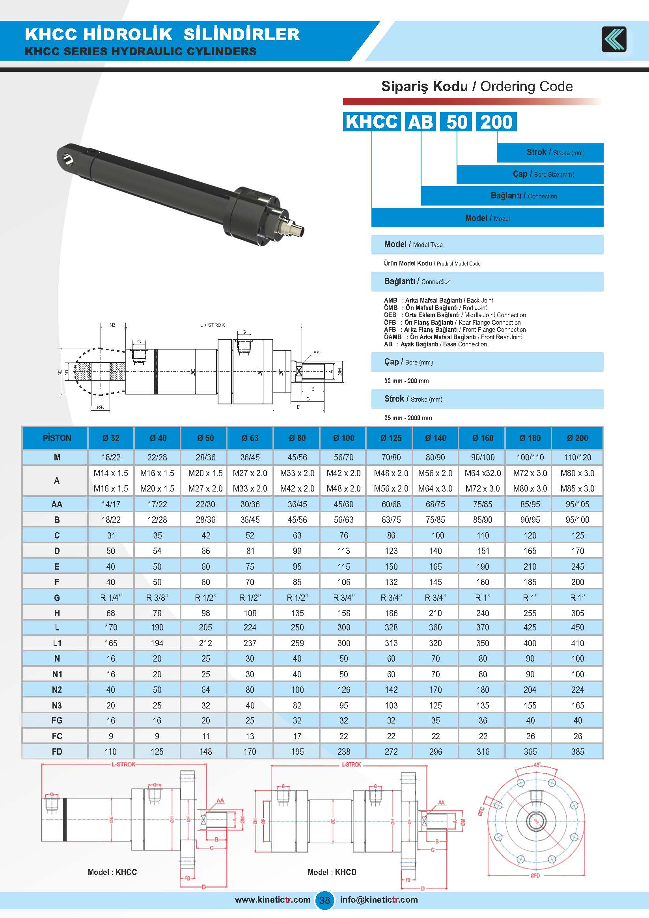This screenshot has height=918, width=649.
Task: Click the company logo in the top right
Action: (x=614, y=39)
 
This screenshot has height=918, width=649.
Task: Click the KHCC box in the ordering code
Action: (x=372, y=122)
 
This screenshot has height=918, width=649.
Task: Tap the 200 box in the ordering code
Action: (x=496, y=122)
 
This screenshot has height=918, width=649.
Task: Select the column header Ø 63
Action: (x=250, y=438)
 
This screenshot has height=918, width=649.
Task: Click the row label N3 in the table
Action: (x=57, y=705)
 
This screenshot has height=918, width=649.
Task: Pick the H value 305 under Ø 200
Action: (x=578, y=613)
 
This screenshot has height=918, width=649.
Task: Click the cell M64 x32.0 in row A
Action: (x=482, y=473)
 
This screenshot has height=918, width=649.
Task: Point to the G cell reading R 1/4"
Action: (x=111, y=598)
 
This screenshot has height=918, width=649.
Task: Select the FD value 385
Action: (x=578, y=752)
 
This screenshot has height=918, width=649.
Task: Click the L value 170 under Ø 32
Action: (x=111, y=627)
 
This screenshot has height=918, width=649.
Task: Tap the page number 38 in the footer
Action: (x=324, y=900)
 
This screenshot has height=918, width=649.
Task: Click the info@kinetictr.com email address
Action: (x=379, y=899)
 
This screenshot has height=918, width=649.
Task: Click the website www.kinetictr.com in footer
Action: (x=272, y=899)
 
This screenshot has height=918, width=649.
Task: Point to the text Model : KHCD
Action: (x=332, y=872)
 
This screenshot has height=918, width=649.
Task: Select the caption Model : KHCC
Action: (x=112, y=872)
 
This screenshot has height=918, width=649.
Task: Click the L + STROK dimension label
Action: (x=212, y=325)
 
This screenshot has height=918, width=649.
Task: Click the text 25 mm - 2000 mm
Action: (x=408, y=418)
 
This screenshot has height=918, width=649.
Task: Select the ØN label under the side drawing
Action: (x=100, y=408)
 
